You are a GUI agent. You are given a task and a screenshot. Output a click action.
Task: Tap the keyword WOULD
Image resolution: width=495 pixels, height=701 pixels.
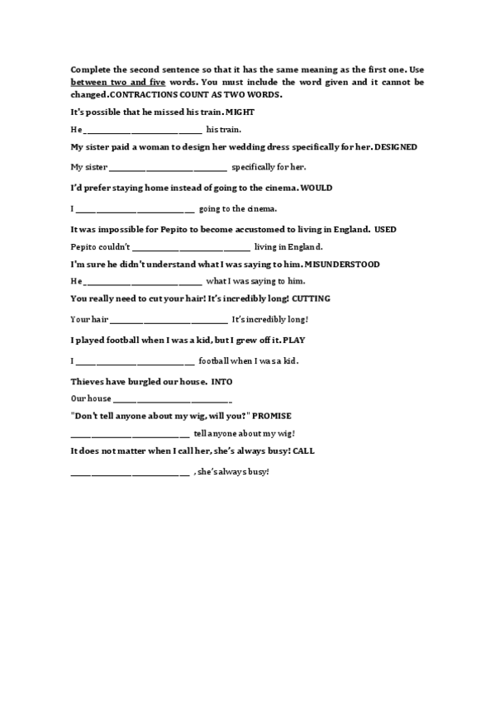(317, 188)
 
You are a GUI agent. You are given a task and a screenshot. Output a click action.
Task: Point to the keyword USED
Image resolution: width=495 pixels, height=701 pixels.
(385, 228)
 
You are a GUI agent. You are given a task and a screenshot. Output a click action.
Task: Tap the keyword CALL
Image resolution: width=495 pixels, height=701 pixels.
(303, 451)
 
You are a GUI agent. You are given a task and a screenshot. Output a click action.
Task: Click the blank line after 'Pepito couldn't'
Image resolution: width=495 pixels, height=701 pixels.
(191, 248)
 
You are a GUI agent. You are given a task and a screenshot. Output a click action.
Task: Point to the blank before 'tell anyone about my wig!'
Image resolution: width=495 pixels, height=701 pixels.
(130, 435)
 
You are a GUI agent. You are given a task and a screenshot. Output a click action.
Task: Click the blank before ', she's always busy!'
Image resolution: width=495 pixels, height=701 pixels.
(130, 473)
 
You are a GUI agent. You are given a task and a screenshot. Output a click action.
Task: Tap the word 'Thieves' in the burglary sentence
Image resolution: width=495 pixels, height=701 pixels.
(87, 381)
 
